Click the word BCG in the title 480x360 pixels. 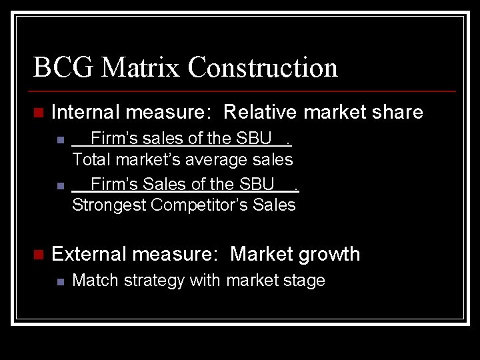coord(58,67)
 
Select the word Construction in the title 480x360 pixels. coord(263,67)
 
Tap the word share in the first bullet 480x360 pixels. coord(397,112)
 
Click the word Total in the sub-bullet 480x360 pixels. coord(92,159)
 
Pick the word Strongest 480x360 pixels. coord(108,205)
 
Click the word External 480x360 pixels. coord(89,254)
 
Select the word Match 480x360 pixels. coord(91,280)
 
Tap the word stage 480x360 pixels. coord(304,281)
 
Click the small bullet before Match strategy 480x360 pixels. coord(60,281)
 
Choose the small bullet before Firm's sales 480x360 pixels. coord(60,140)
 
